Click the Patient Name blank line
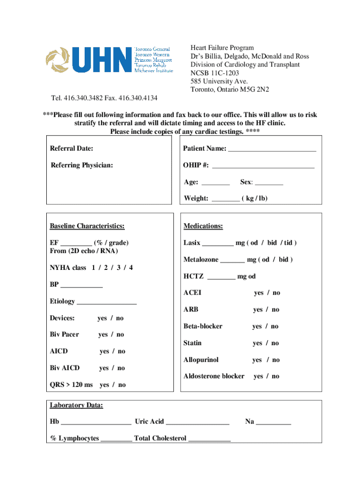tap(272, 149)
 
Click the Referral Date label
tap(72, 149)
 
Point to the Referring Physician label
tap(82, 165)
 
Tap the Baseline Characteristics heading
tap(87, 226)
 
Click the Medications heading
tap(203, 226)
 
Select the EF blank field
tap(76, 243)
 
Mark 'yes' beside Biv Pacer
tap(103, 334)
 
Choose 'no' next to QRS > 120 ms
tap(122, 385)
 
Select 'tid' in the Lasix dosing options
tap(288, 243)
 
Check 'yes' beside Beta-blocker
tap(257, 327)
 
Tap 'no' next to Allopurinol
tap(276, 360)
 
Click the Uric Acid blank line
tap(197, 422)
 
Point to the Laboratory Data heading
tap(77, 406)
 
